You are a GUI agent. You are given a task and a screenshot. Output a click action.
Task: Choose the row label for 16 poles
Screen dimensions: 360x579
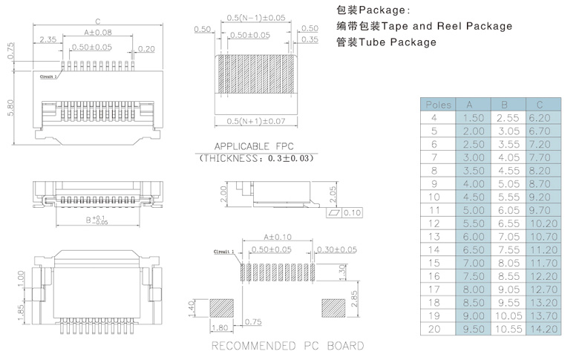435,275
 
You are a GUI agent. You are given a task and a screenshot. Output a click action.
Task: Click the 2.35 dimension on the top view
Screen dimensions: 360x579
48,39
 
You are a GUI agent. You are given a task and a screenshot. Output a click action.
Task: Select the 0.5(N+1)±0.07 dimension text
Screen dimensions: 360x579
255,120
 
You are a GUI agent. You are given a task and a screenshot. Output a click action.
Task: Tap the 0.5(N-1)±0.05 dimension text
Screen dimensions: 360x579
255,17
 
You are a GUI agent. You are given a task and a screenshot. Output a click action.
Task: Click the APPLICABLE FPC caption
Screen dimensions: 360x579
255,146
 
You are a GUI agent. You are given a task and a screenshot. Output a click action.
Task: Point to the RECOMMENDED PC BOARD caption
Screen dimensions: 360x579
288,346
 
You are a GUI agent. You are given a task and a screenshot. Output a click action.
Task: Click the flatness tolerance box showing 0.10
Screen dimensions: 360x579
345,214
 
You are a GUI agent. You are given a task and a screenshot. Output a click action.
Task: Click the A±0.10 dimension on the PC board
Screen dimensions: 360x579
275,238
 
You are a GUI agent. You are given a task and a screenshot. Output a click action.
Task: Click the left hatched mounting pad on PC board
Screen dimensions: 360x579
222,307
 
